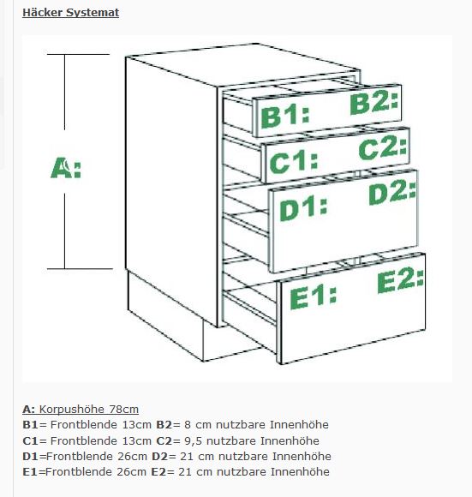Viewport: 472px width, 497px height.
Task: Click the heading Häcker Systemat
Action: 70,13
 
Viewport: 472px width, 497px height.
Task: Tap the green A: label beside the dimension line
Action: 66,168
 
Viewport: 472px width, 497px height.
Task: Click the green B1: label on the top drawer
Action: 284,117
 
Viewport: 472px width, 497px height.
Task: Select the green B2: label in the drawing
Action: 374,104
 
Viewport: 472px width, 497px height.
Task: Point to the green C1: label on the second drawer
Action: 294,162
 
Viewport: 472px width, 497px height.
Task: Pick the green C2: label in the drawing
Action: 383,147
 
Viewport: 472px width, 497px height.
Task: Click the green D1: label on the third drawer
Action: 303,208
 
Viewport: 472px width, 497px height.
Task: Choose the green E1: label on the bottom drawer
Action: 313,296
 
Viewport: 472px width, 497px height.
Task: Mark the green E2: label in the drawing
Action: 400,280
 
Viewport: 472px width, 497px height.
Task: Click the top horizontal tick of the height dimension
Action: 78,55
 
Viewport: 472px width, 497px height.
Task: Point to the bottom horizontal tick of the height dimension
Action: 80,269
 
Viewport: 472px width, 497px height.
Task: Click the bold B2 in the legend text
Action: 164,425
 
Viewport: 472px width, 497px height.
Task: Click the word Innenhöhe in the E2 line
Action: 300,471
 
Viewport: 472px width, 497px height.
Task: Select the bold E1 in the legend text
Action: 30,472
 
